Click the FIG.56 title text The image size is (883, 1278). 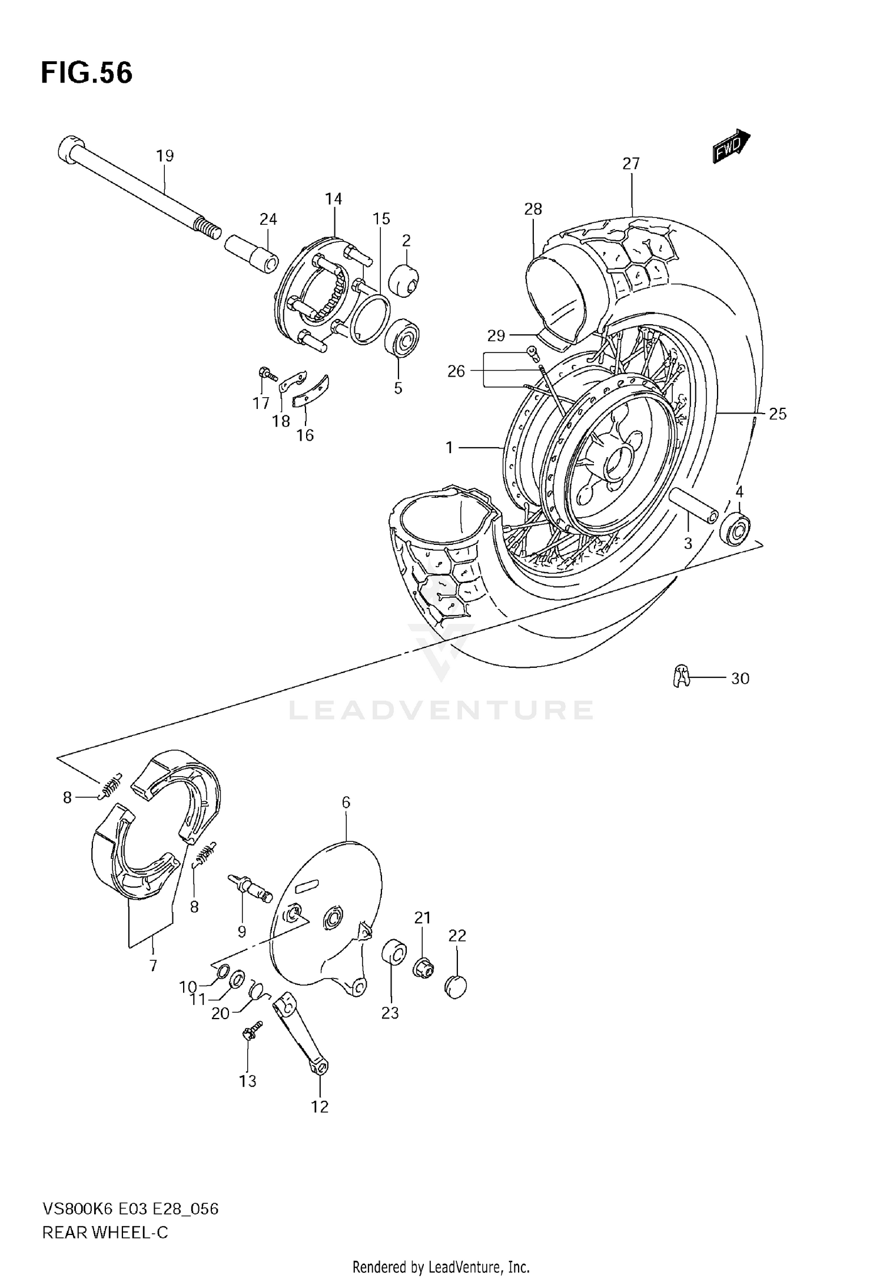click(x=87, y=74)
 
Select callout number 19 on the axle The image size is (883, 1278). click(x=165, y=156)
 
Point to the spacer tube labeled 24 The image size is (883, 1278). click(x=251, y=253)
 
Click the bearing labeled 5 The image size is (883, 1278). click(x=401, y=338)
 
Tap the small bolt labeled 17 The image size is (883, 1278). click(x=267, y=374)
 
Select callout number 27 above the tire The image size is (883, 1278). click(x=630, y=164)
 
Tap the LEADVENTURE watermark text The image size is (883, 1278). click(x=440, y=711)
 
